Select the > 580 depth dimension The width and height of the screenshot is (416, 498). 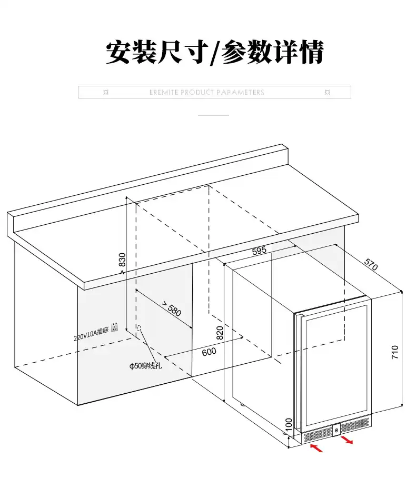click(172, 308)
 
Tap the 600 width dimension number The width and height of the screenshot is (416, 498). click(209, 352)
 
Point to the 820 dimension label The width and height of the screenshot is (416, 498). click(220, 332)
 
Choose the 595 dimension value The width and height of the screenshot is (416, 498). click(259, 251)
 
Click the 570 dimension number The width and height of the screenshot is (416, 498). click(371, 264)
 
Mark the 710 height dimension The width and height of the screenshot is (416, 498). click(395, 352)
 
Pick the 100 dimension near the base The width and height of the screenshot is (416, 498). click(288, 423)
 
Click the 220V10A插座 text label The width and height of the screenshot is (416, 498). click(91, 331)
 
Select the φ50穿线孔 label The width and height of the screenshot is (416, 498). click(145, 365)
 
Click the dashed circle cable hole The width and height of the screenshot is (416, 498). click(139, 328)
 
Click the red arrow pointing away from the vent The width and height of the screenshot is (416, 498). click(347, 439)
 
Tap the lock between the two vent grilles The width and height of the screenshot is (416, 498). click(335, 431)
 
